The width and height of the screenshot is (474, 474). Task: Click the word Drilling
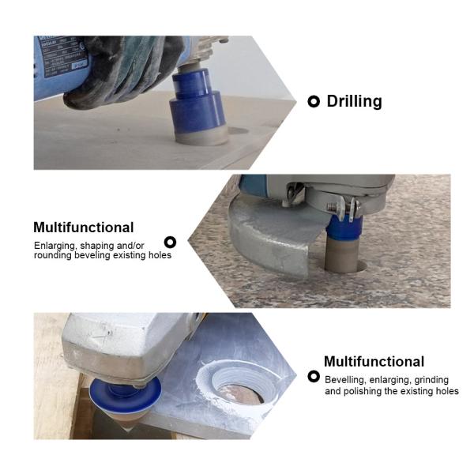(x=354, y=101)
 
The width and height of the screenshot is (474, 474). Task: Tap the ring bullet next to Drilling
(x=314, y=102)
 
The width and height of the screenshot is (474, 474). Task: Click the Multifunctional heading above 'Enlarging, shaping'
(x=84, y=228)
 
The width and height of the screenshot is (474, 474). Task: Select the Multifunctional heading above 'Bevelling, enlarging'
(x=374, y=361)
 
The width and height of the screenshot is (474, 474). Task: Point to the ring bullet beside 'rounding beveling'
(x=170, y=243)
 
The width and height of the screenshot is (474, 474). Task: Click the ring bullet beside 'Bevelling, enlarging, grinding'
(x=314, y=377)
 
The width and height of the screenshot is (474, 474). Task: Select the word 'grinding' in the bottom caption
(x=431, y=380)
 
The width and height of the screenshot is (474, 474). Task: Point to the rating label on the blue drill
(x=64, y=58)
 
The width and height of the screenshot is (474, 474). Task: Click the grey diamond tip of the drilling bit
(x=201, y=136)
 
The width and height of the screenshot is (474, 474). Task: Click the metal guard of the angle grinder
(x=272, y=239)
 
